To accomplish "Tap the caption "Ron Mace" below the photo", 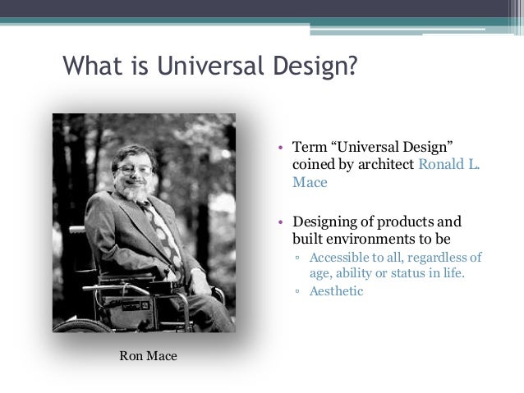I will point(148,355).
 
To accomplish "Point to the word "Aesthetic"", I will point(336,290).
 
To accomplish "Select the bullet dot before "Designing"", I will point(281,222).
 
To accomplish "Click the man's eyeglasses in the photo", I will point(133,168).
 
